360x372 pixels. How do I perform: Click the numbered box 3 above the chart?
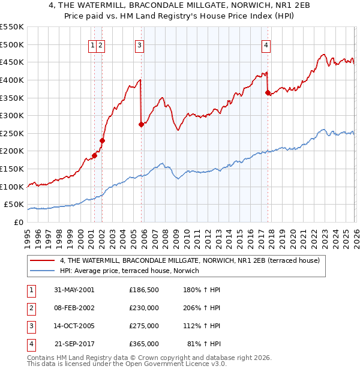(139, 44)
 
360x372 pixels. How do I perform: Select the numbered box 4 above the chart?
(266, 44)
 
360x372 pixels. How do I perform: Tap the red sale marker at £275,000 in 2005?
(142, 125)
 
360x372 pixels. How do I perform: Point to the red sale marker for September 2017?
(268, 92)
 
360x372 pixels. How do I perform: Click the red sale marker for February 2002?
(102, 140)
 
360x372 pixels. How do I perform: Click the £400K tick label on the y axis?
(12, 80)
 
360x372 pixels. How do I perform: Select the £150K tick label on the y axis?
(12, 169)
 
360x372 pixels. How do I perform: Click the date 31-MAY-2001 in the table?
(74, 290)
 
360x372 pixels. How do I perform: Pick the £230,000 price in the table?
(143, 308)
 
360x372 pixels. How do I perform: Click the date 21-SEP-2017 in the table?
(74, 344)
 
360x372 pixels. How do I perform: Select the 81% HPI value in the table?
(205, 344)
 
